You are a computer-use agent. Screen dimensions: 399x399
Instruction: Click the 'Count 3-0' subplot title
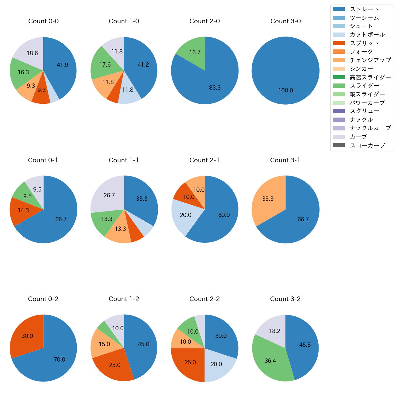click(285, 21)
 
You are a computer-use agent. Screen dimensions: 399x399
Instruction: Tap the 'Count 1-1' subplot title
click(124, 160)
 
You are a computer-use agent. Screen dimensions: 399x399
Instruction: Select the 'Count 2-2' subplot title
click(204, 299)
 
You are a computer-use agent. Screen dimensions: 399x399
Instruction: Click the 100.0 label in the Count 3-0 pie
click(285, 91)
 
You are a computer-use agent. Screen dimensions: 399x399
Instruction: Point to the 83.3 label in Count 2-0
click(215, 88)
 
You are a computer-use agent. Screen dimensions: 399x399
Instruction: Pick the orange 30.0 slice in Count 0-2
click(26, 335)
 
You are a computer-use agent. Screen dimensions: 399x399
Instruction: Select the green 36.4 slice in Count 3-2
click(270, 359)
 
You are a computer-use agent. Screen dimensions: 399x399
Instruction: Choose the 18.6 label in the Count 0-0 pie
click(32, 53)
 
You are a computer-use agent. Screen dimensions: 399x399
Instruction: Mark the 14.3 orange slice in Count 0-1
click(23, 211)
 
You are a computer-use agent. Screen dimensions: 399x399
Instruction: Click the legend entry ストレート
click(364, 9)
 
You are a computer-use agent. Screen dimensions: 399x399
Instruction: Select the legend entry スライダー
click(364, 86)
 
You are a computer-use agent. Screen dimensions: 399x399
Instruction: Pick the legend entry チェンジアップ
click(370, 60)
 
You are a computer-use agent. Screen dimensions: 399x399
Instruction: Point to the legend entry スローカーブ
click(367, 145)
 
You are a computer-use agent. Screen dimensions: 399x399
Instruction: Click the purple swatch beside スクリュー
click(339, 111)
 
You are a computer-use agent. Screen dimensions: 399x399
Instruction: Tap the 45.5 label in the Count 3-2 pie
click(305, 345)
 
